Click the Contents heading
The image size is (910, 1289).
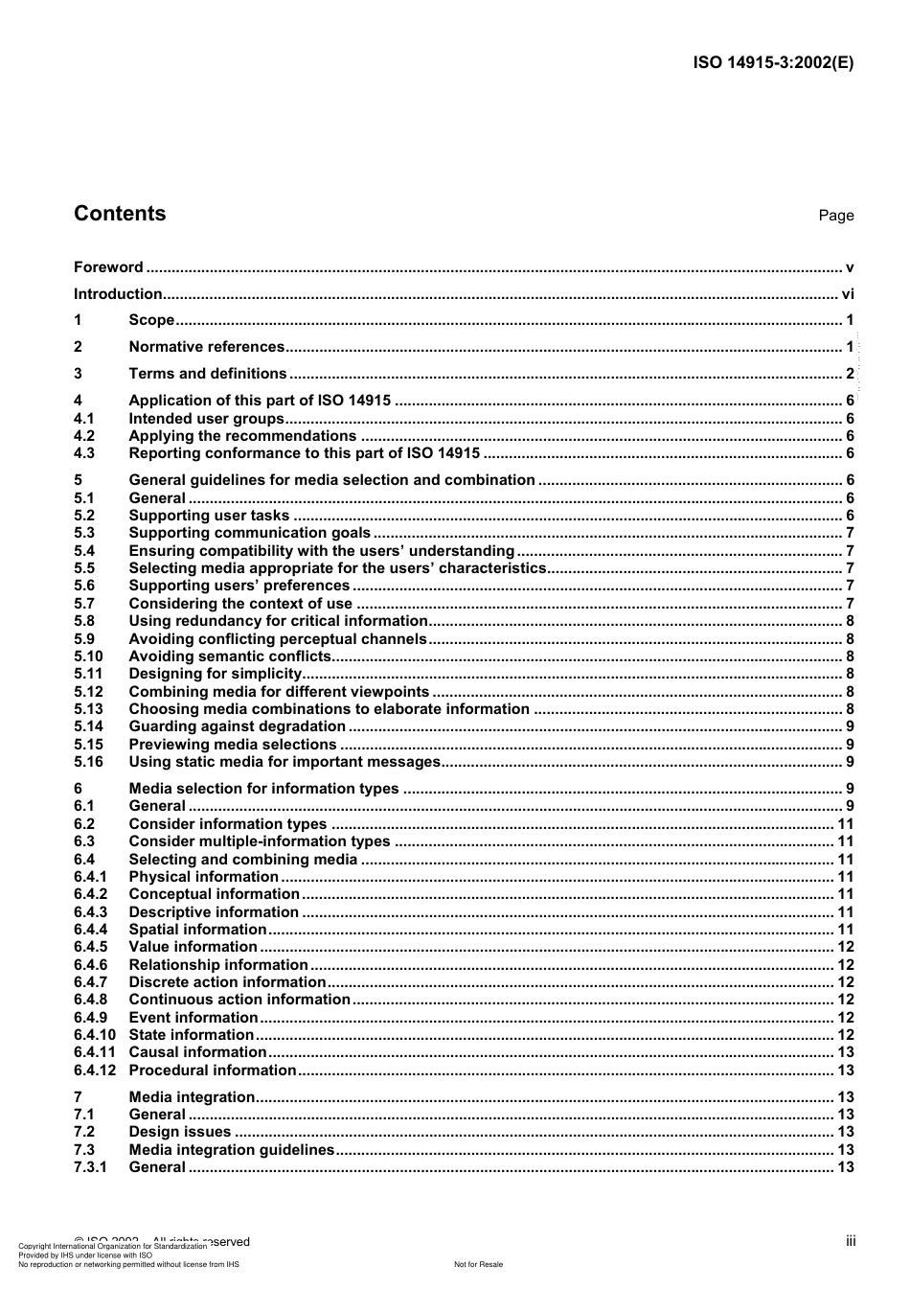(120, 214)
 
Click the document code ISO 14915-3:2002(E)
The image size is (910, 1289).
(773, 63)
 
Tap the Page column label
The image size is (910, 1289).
(835, 216)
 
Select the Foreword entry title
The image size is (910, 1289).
(108, 267)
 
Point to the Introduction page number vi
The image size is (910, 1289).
(847, 294)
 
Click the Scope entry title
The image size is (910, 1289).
(151, 320)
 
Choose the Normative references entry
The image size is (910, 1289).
(206, 347)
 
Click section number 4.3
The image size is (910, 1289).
(84, 453)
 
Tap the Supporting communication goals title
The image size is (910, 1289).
(249, 533)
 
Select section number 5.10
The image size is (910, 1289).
(88, 656)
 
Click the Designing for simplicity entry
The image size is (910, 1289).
(215, 674)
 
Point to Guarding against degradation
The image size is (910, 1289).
(237, 726)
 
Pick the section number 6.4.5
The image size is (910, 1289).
(91, 947)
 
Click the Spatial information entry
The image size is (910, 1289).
(197, 930)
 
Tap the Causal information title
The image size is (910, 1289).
(197, 1052)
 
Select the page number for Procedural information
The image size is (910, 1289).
(845, 1070)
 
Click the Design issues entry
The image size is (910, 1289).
(179, 1132)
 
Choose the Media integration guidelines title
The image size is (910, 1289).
(231, 1150)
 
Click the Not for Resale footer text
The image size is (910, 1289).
(478, 1264)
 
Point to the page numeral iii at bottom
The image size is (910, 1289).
(850, 1241)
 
